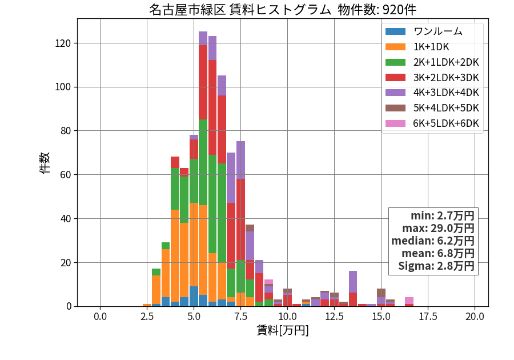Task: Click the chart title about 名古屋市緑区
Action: [x=283, y=10]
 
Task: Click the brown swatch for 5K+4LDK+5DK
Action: [x=395, y=108]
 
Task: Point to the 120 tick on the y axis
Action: [x=63, y=43]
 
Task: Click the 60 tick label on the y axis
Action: [x=66, y=175]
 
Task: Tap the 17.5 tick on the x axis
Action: [x=428, y=317]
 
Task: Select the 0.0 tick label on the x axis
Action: [x=100, y=317]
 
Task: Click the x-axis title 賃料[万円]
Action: [x=283, y=330]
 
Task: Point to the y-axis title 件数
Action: [x=45, y=163]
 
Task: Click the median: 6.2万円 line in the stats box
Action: [x=433, y=241]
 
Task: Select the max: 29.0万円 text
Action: [x=438, y=228]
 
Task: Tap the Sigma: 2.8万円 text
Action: [x=436, y=266]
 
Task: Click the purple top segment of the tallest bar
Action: [x=203, y=38]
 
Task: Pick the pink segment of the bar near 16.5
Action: [x=409, y=301]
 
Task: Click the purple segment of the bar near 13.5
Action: [x=353, y=282]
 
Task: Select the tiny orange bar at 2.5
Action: [x=147, y=305]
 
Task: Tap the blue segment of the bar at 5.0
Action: [x=194, y=297]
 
